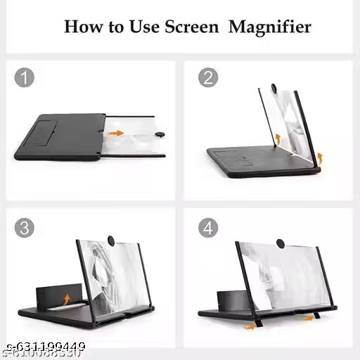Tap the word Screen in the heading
pos(193,27)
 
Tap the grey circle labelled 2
pos(207,77)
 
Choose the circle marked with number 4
pos(207,228)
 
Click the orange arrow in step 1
pos(115,132)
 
